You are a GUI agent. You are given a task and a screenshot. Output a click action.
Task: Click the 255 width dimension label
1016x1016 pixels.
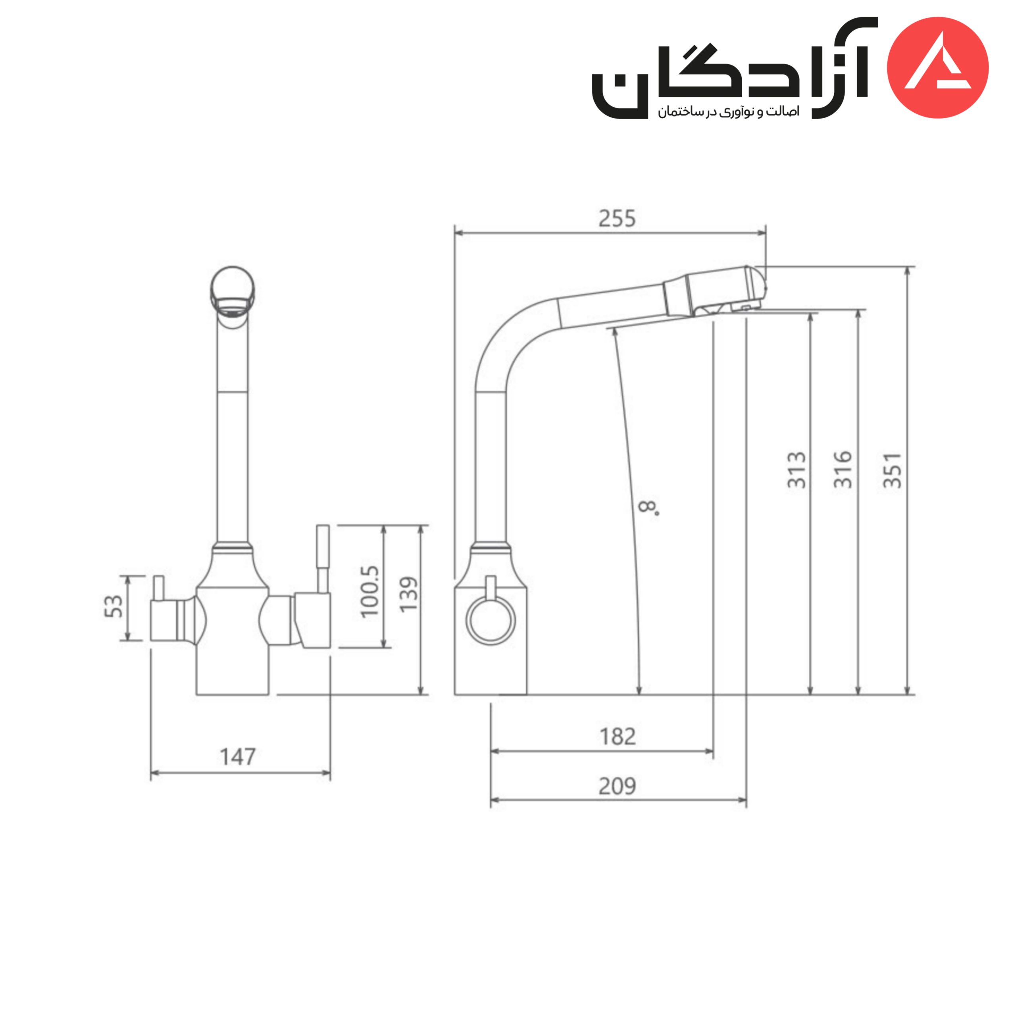[x=617, y=218]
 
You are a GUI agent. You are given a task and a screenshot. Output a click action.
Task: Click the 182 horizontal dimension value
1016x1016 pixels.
[x=618, y=737]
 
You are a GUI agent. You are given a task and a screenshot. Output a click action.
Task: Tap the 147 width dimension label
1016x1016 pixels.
[x=238, y=757]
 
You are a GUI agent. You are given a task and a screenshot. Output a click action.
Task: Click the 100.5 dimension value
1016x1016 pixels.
[x=369, y=592]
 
